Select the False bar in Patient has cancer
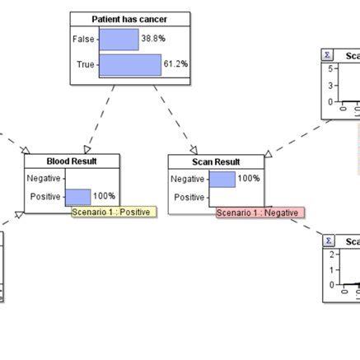119,39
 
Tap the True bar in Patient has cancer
129,64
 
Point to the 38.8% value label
152,39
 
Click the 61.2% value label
175,64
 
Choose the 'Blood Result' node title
72,161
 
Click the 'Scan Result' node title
216,161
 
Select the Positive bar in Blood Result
77,196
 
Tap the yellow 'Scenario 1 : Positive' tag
111,212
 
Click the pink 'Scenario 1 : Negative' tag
259,213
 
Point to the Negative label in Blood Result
43,178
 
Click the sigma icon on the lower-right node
329,241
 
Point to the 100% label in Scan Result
248,179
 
